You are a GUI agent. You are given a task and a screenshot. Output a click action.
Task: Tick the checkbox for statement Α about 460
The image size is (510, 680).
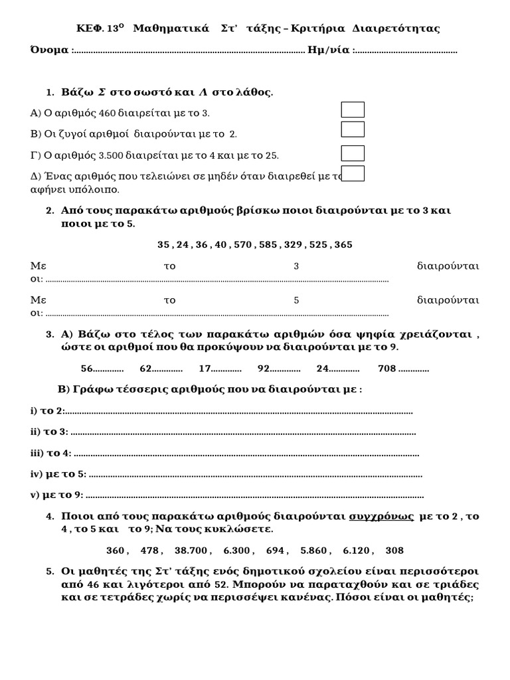point(353,110)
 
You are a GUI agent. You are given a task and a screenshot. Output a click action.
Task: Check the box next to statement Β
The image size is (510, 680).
point(353,129)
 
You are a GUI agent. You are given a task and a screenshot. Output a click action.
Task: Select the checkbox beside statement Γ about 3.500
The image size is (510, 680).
point(353,153)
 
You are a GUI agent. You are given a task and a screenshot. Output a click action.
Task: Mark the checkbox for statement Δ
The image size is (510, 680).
point(353,173)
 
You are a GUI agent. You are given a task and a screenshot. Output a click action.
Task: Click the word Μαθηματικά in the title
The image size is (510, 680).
point(171,29)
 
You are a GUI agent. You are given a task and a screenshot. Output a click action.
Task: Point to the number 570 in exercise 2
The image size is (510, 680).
point(243,244)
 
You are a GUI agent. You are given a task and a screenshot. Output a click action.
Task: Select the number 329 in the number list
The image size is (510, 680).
point(292,244)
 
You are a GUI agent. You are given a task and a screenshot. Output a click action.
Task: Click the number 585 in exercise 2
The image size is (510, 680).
point(268,244)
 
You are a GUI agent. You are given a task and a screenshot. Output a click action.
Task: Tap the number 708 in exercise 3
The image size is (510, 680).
point(386,369)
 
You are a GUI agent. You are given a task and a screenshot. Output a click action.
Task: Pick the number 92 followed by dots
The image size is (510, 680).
point(264,369)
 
